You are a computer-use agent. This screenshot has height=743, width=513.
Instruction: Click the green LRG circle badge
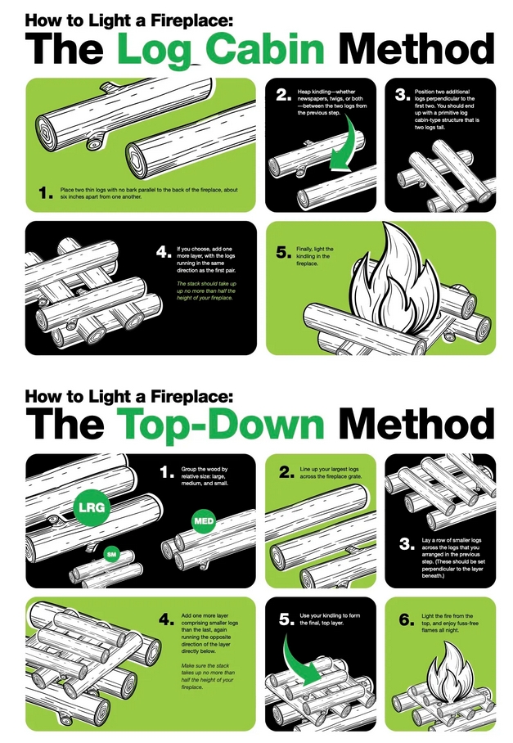click(92, 507)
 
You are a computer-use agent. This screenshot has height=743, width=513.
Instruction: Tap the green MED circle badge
click(204, 521)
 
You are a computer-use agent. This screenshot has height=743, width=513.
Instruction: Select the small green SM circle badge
click(112, 554)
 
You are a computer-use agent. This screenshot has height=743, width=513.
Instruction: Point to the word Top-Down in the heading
click(220, 423)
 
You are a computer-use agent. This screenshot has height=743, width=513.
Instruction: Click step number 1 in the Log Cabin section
click(46, 193)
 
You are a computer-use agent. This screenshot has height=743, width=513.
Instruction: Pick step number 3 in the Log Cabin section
click(403, 95)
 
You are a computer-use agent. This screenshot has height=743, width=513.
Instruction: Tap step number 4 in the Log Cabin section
click(164, 252)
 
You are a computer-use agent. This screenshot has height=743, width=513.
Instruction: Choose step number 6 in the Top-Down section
click(407, 619)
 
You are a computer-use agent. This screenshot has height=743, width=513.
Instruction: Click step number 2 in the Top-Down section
click(286, 472)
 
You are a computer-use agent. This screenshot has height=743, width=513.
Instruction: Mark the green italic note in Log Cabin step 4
click(206, 290)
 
